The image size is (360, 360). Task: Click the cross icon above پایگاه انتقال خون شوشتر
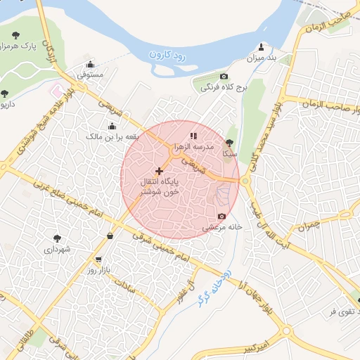(x=160, y=171)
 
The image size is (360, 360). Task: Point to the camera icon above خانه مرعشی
(x=222, y=216)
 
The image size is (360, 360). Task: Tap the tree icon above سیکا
(x=229, y=141)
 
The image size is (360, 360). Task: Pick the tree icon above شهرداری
(x=57, y=238)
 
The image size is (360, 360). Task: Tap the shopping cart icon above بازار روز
(x=98, y=259)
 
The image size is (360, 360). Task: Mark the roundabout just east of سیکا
(x=245, y=181)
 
